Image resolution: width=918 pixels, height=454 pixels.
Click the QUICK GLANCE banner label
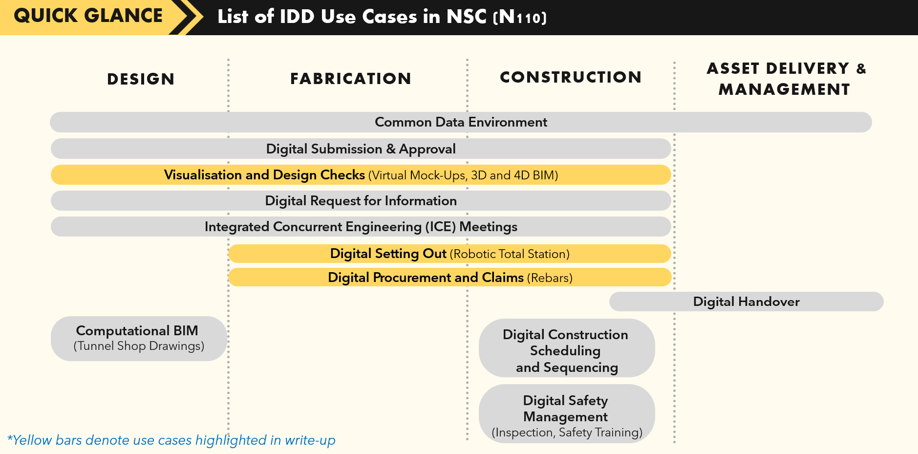[88, 16]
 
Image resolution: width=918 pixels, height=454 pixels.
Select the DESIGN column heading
[141, 79]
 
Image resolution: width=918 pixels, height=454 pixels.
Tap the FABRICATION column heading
[351, 79]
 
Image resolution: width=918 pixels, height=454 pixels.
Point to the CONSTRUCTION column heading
[571, 77]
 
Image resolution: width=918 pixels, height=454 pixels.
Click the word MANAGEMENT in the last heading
[784, 89]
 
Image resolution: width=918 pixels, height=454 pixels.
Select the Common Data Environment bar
[461, 122]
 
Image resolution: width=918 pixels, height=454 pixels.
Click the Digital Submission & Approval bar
[361, 149]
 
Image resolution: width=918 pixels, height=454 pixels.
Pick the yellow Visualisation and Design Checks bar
[361, 174]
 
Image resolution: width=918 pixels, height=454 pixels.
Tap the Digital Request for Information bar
[361, 200]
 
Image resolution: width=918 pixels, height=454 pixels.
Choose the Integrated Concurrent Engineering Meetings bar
[361, 227]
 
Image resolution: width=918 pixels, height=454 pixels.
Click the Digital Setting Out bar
[449, 254]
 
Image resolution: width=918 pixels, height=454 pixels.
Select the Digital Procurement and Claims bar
[449, 277]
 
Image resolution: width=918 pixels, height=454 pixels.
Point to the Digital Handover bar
[747, 302]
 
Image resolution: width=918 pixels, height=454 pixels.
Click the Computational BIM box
[139, 339]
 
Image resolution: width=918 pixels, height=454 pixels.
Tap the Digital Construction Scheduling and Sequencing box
[567, 348]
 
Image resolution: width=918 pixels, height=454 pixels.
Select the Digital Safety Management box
[567, 413]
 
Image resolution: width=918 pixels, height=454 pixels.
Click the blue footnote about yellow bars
[171, 440]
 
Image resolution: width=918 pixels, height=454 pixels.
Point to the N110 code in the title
[520, 17]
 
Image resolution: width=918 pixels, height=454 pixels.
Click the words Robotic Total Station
[510, 254]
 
